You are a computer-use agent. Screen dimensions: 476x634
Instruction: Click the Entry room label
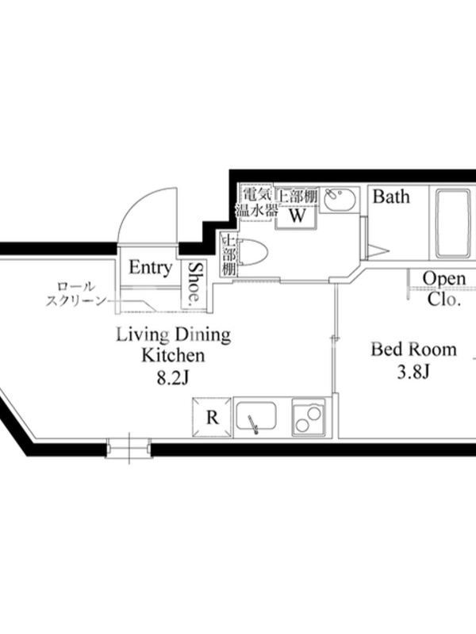151,268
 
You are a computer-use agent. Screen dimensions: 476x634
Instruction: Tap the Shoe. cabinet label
195,283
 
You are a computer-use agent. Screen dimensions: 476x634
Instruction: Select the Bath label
391,197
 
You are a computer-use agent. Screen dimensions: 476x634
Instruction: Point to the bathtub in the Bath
453,223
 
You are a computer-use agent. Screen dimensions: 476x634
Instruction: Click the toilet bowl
253,253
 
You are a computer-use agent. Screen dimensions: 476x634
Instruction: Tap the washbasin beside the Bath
340,200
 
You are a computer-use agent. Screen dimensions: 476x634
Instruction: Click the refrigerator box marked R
212,418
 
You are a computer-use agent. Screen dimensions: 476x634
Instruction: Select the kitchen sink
256,417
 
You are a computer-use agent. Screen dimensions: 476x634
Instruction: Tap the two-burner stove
309,418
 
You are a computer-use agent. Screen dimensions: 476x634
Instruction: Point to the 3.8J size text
413,372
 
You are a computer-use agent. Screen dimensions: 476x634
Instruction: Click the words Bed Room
413,349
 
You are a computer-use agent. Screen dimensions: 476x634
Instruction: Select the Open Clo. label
444,288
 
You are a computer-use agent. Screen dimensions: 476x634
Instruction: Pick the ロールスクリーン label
75,294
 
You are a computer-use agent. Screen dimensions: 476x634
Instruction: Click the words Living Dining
174,334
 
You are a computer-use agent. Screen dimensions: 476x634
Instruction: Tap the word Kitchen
173,355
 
